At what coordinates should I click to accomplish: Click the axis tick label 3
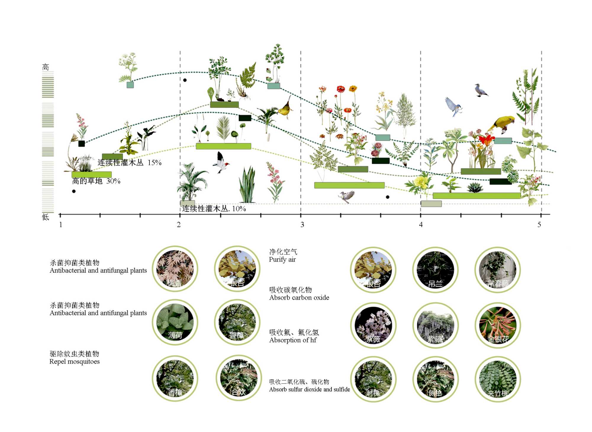click(302, 225)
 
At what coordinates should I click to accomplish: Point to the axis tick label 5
click(539, 225)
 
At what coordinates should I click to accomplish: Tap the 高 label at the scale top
click(46, 67)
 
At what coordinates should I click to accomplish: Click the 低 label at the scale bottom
click(46, 217)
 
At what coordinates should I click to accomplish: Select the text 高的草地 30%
click(96, 181)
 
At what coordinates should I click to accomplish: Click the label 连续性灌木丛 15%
click(129, 163)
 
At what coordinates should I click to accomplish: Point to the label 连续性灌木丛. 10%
click(214, 209)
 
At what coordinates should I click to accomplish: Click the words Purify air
click(282, 260)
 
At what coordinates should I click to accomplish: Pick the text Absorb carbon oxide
click(299, 298)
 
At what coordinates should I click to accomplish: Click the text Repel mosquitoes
click(75, 362)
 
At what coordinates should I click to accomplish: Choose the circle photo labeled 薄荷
click(175, 322)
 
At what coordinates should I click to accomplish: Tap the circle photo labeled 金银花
click(498, 325)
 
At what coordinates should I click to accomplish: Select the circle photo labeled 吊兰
click(435, 270)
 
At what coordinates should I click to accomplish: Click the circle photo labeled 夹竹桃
click(498, 379)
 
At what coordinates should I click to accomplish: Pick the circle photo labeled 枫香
click(175, 269)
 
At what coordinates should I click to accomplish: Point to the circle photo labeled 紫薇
click(373, 325)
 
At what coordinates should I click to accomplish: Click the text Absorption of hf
click(293, 340)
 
